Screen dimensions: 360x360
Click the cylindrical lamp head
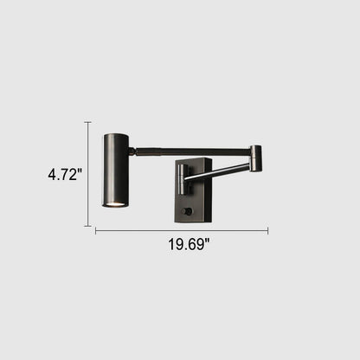(116, 170)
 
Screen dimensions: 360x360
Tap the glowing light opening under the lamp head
(115, 204)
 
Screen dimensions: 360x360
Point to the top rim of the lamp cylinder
(116, 135)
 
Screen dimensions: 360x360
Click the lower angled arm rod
(217, 171)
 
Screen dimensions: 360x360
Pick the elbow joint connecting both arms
(256, 158)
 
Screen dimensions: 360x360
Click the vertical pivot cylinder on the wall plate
(183, 179)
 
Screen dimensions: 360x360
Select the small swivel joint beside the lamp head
(132, 151)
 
